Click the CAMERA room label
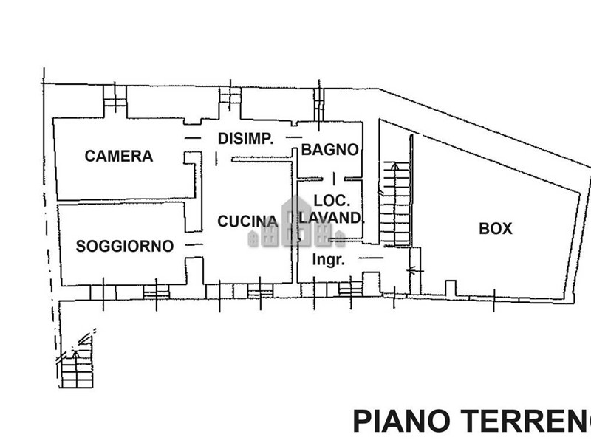[119, 157]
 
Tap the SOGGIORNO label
[125, 246]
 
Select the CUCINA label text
[247, 221]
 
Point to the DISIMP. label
[246, 138]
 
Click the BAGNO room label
[329, 150]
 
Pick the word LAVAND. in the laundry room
[332, 218]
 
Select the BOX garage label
[496, 229]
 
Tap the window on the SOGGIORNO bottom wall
[156, 293]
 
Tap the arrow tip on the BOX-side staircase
[396, 165]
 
